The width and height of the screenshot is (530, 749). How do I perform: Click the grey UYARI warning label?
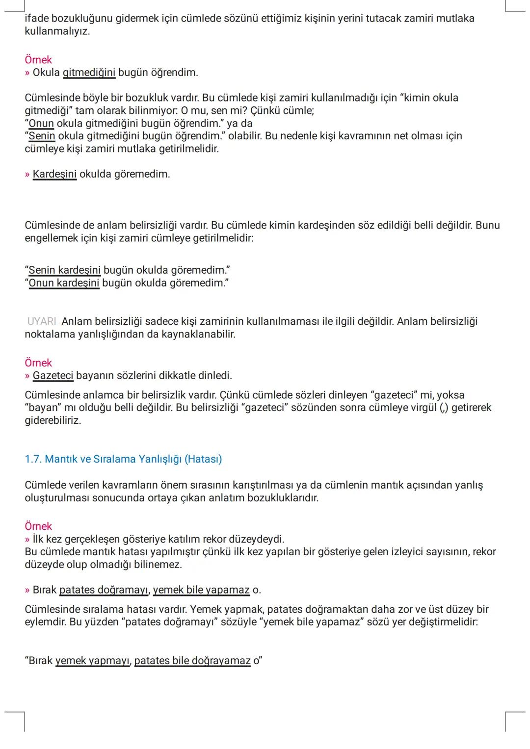42,321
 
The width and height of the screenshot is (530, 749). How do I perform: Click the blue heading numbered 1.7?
123,459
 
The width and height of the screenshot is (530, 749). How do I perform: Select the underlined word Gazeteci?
53,376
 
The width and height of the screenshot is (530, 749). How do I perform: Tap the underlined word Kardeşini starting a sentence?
54,174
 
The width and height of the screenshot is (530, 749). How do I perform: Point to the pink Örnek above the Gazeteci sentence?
38,363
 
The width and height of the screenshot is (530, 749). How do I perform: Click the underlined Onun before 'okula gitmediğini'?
41,123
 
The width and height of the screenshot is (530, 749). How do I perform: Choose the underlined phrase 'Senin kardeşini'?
65,270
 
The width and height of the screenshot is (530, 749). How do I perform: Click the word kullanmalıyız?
57,31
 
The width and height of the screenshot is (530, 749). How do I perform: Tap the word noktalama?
50,335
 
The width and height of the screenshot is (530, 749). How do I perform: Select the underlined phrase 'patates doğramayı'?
104,590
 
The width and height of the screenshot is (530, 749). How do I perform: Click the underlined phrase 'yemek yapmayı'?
93,661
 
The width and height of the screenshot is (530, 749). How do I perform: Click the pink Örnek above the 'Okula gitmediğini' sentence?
38,60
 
